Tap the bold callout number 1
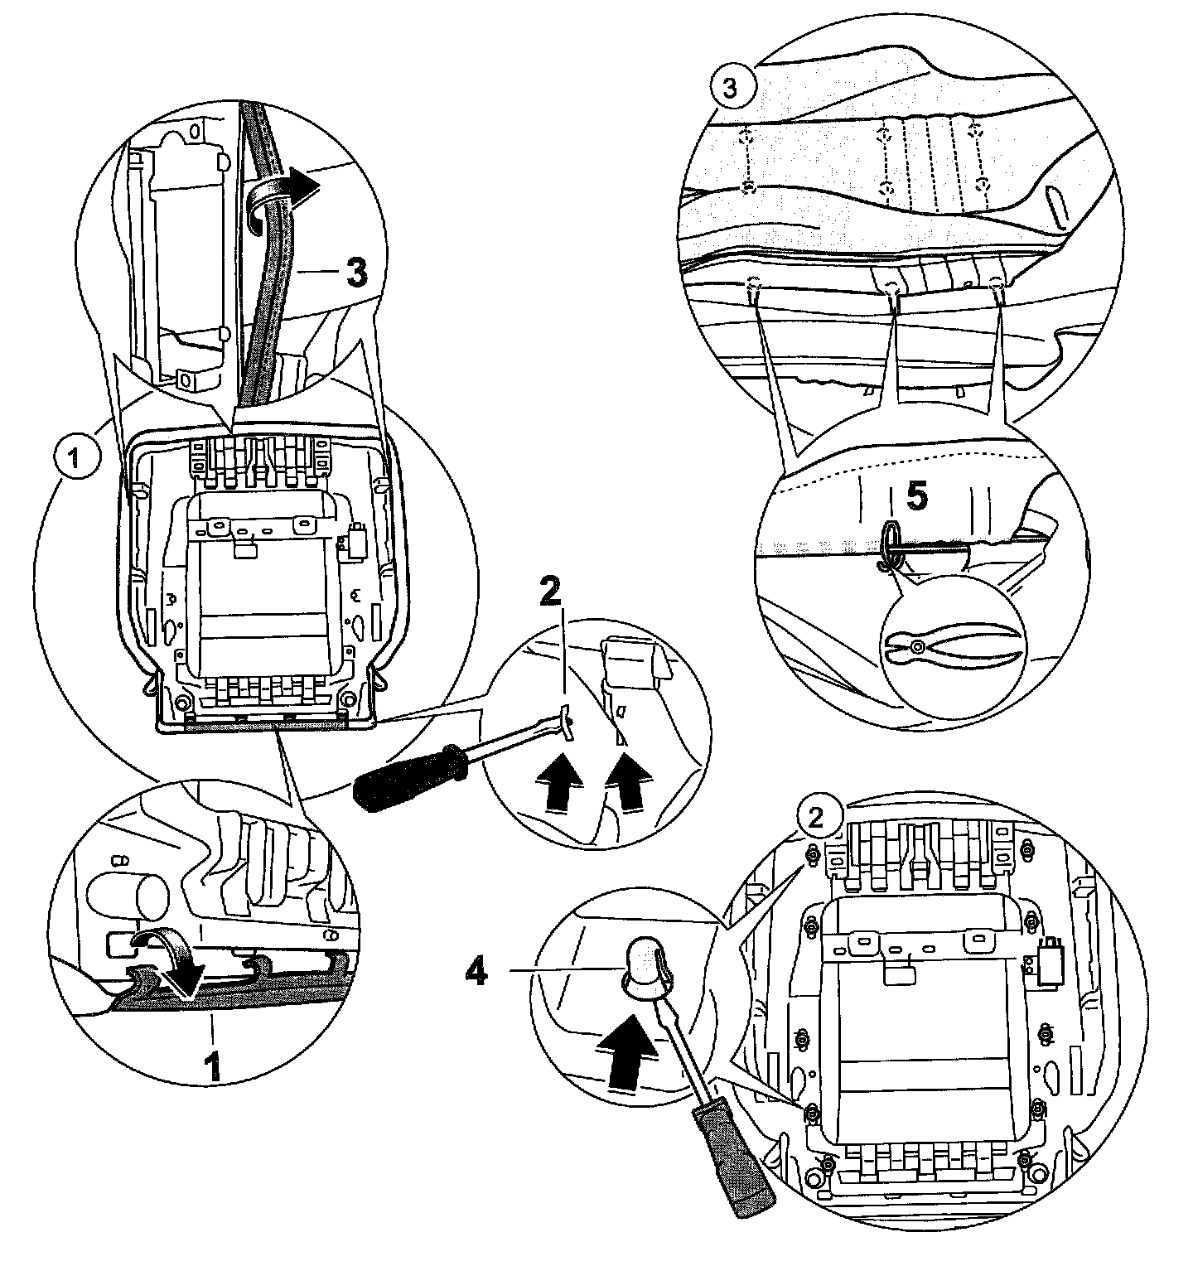point(213,1065)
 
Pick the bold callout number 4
point(475,973)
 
